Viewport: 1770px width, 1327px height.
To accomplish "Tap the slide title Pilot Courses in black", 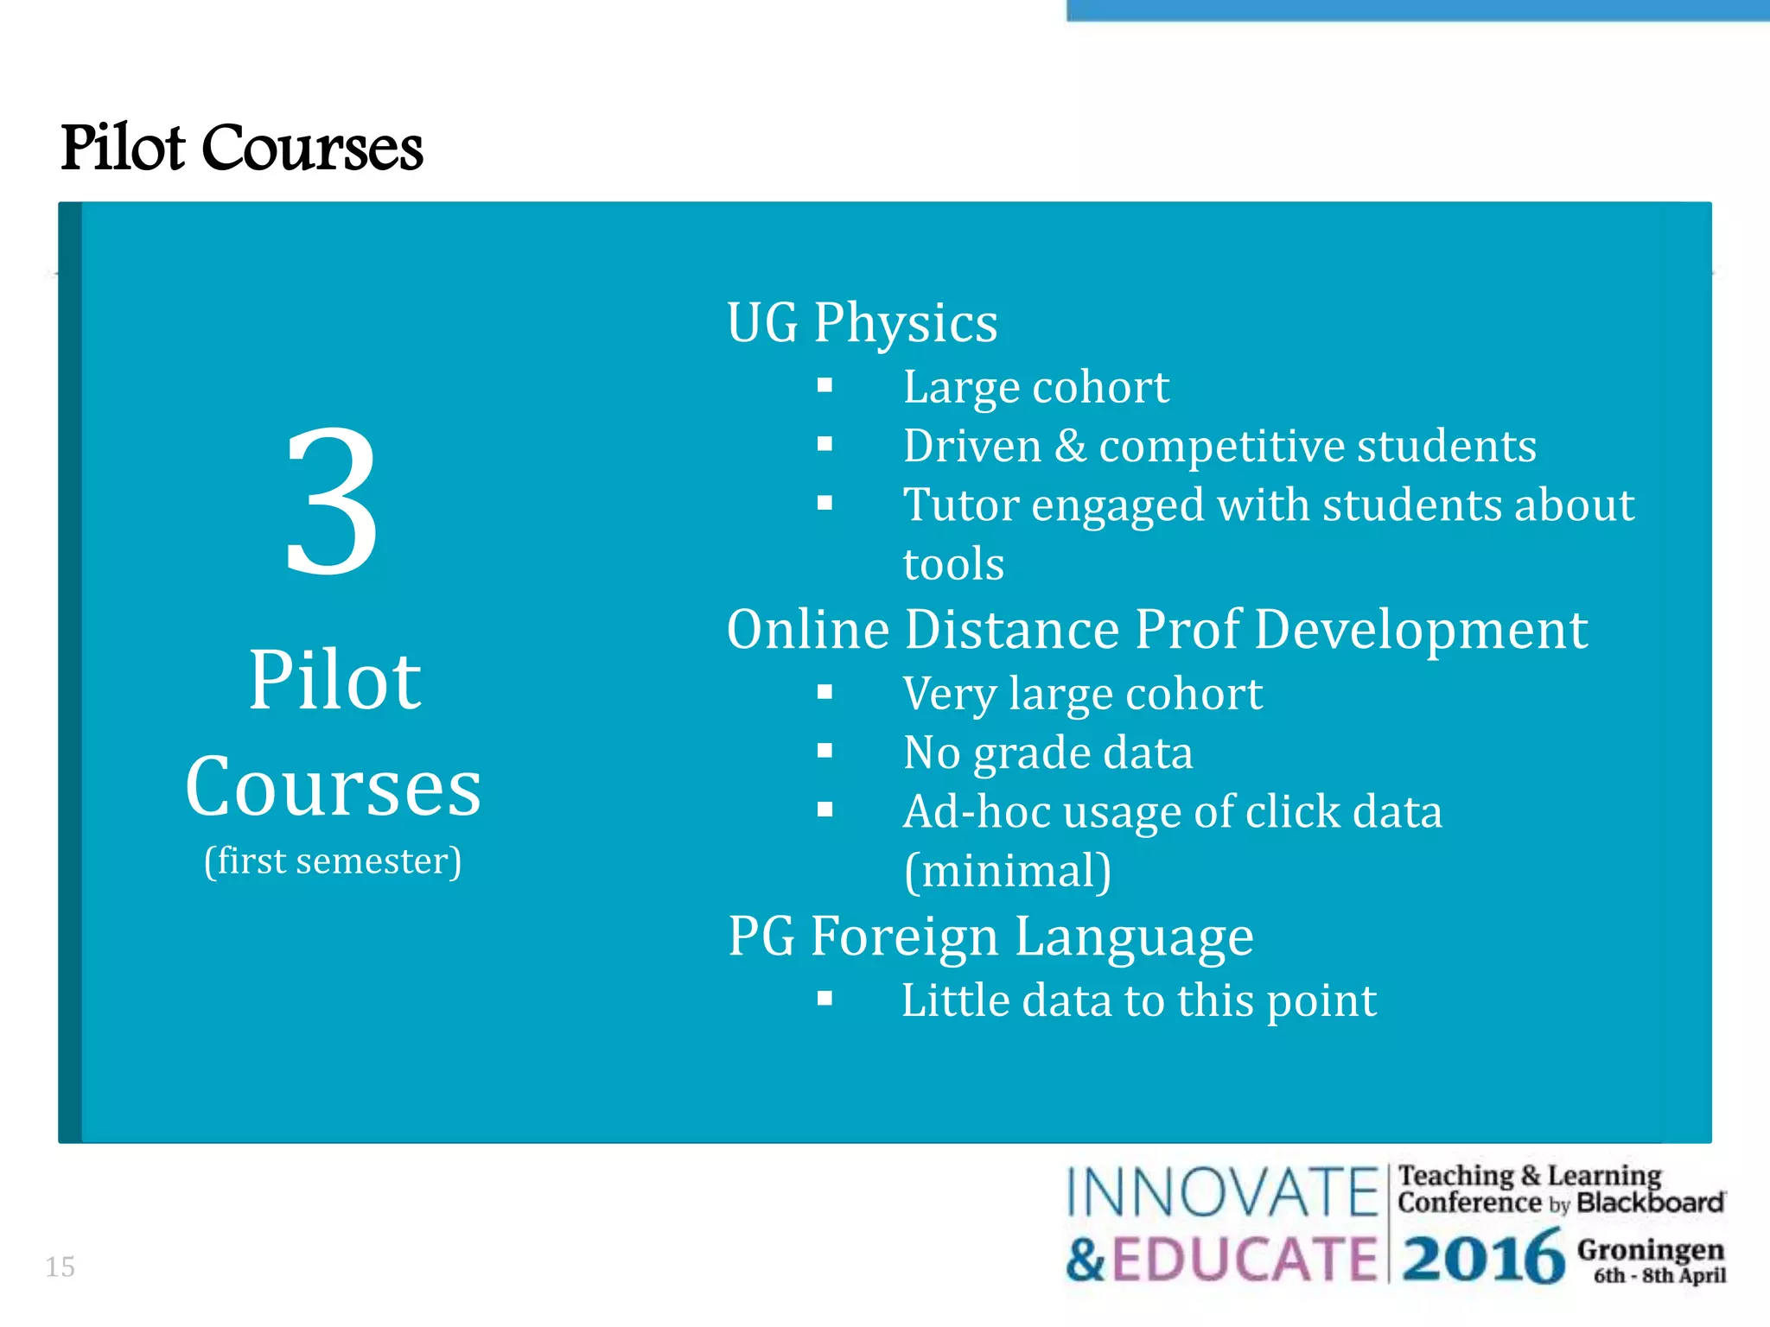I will (242, 148).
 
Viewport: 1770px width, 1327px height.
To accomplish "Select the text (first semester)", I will (333, 861).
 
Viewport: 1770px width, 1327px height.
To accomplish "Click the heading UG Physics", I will (862, 324).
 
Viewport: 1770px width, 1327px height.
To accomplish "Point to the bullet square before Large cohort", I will (825, 385).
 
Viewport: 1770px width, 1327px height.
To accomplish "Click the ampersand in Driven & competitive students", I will (1070, 447).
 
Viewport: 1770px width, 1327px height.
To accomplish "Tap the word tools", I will (953, 564).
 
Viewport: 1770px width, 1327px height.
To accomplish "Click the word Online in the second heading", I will (808, 629).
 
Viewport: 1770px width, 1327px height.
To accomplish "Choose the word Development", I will (1421, 629).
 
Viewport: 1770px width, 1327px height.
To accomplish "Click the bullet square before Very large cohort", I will (825, 692).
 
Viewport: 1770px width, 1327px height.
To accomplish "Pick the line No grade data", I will (1047, 752).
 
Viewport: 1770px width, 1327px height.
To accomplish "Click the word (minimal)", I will (1008, 871).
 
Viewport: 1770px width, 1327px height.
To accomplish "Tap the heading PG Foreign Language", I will (990, 937).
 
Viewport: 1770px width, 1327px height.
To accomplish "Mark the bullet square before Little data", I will (825, 1000).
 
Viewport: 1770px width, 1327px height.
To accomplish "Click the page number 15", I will (60, 1267).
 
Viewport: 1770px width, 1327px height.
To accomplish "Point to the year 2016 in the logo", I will (1483, 1258).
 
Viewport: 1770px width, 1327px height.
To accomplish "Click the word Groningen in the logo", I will (1650, 1249).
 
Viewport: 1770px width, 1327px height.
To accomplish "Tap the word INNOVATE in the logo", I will (1222, 1192).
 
